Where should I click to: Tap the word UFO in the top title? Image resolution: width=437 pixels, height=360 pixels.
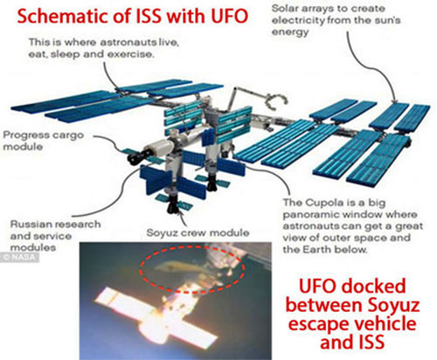[x=229, y=16]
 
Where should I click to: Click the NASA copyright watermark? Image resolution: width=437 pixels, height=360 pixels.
[x=19, y=258]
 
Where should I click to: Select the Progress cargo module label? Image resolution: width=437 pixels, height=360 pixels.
[x=43, y=141]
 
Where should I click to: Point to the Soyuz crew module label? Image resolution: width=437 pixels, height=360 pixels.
[x=198, y=232]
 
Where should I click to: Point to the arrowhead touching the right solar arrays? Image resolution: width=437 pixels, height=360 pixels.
[x=394, y=100]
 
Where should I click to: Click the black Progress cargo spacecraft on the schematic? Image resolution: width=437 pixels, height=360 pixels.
[x=137, y=156]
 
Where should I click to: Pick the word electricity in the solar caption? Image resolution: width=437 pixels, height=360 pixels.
[x=298, y=21]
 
